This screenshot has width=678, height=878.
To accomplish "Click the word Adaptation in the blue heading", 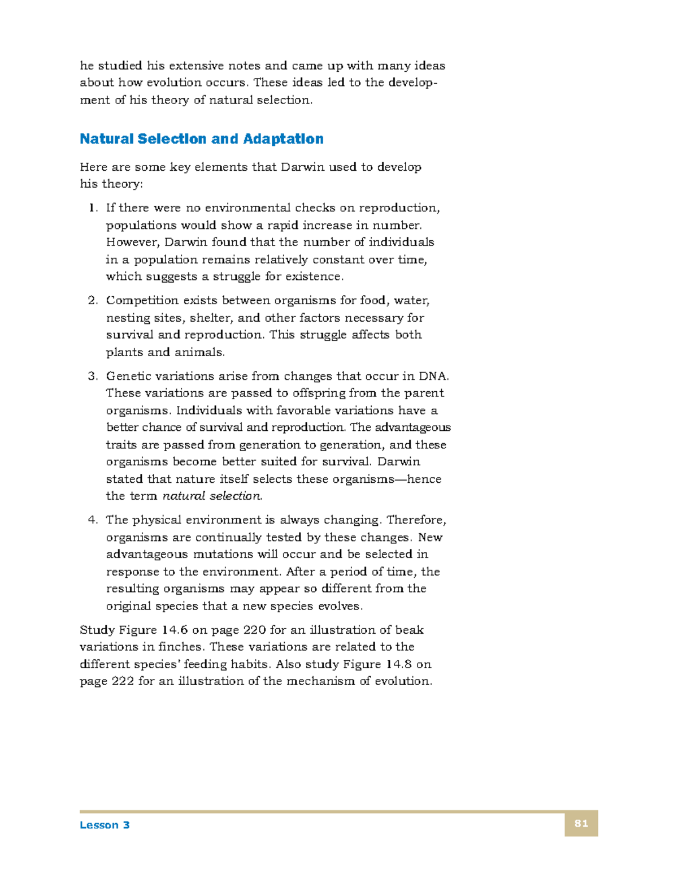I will tap(283, 139).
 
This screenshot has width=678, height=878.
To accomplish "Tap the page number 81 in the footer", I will tap(581, 823).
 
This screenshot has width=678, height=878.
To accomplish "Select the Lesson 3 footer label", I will tap(105, 825).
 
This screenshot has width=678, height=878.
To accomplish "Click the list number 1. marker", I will tap(93, 208).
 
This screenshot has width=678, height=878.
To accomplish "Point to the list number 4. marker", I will tap(93, 520).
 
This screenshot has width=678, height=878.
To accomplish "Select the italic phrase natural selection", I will tap(212, 496).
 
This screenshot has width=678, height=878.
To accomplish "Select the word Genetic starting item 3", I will tap(127, 376).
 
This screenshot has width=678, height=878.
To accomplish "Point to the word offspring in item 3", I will tap(318, 393).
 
